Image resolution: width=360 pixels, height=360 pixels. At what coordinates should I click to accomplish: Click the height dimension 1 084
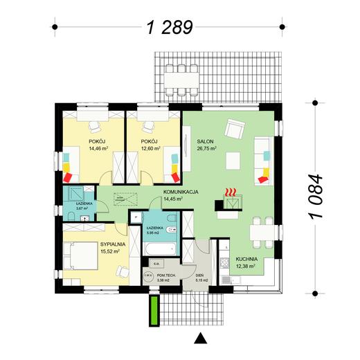coord(317,197)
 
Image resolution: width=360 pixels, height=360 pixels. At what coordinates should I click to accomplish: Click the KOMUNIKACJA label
coord(181,195)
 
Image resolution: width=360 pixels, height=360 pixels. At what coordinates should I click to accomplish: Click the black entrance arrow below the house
coord(201,338)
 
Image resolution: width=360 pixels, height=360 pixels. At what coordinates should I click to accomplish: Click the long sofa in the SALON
coord(262,159)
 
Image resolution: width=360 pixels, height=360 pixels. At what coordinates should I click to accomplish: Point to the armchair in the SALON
coord(237,129)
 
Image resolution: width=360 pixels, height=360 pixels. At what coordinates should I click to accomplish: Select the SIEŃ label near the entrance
coord(199,275)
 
